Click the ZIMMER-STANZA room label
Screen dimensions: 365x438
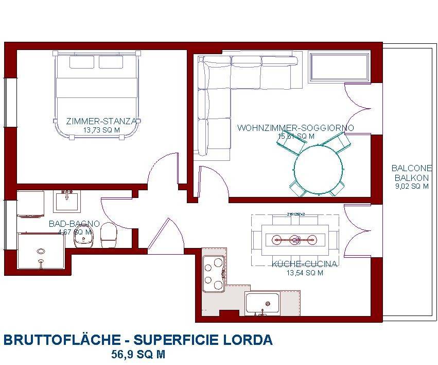pyautogui.click(x=101, y=122)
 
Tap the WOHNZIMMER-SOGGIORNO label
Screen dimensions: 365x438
pyautogui.click(x=295, y=128)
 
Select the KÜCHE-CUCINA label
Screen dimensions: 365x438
pyautogui.click(x=304, y=264)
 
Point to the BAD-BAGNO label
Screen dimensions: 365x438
pyautogui.click(x=74, y=224)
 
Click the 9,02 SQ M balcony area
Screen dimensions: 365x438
pyautogui.click(x=411, y=187)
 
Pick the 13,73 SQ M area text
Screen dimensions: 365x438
pyautogui.click(x=101, y=130)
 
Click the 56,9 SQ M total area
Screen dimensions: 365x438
pyautogui.click(x=138, y=355)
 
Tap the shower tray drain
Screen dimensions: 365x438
pyautogui.click(x=41, y=252)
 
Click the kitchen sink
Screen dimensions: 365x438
pyautogui.click(x=262, y=303)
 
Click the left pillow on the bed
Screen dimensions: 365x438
pyautogui.click(x=81, y=62)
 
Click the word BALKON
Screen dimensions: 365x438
pyautogui.click(x=411, y=177)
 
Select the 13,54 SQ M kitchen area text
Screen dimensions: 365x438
pyautogui.click(x=304, y=273)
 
